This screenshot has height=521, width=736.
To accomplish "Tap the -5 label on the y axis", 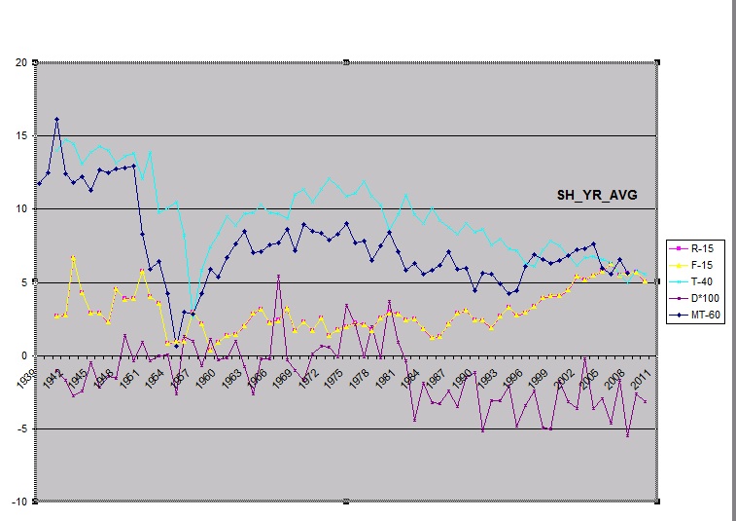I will [x=19, y=428].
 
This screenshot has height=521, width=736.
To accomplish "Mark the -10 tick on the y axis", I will [x=18, y=502].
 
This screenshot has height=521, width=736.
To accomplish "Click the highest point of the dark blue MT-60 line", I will [x=56, y=119].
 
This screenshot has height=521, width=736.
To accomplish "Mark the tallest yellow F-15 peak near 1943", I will [x=73, y=257].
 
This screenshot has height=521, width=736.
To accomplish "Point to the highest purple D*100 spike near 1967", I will [x=279, y=276].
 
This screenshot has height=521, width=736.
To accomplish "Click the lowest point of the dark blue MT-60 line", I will [x=176, y=346].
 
